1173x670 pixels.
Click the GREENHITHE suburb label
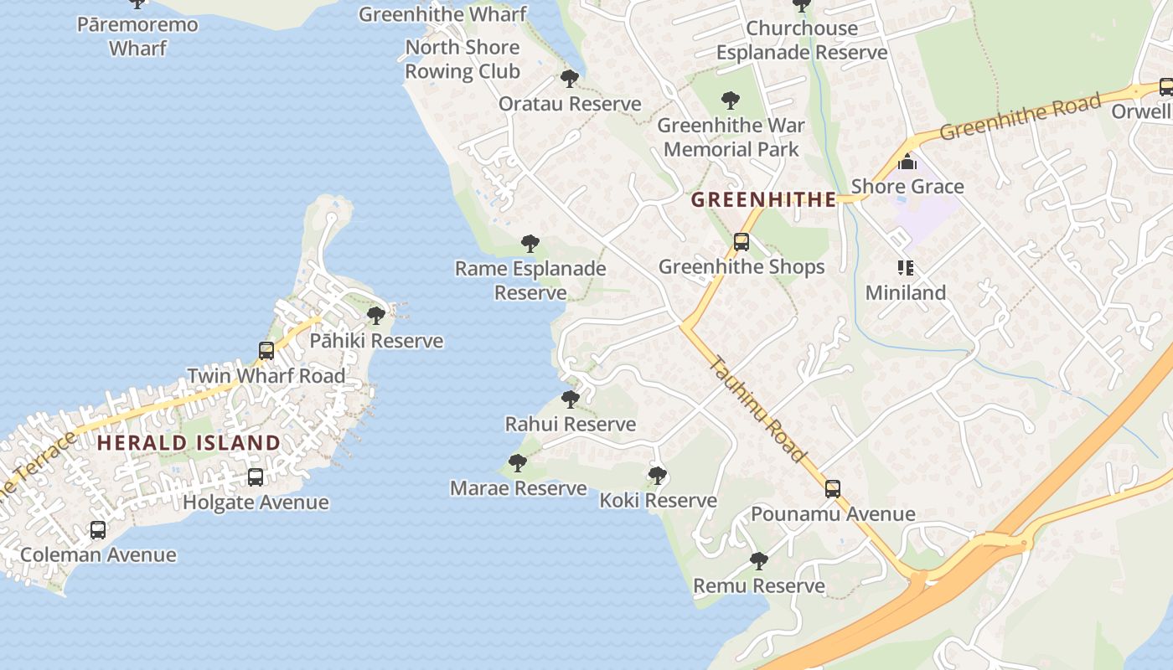point(763,199)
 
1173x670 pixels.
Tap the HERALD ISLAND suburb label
point(189,442)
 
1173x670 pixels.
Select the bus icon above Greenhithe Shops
point(742,242)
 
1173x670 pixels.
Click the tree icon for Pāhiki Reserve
point(376,316)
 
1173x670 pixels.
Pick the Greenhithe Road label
point(1019,117)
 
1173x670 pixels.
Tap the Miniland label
point(905,292)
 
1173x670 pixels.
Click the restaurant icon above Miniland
point(905,268)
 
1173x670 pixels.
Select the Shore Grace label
point(907,186)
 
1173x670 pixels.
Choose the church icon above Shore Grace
point(907,162)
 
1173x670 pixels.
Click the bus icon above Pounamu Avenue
point(832,489)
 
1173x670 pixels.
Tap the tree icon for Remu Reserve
point(758,561)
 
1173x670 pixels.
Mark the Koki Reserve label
point(658,500)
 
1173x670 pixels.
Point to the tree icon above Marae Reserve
point(518,462)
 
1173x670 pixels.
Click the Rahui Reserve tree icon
point(571,399)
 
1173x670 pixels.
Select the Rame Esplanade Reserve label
point(530,280)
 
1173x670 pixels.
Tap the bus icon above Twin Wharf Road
point(266,351)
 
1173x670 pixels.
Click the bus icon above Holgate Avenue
point(256,477)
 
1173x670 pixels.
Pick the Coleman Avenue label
point(98,554)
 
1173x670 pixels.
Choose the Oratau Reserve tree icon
point(570,80)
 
